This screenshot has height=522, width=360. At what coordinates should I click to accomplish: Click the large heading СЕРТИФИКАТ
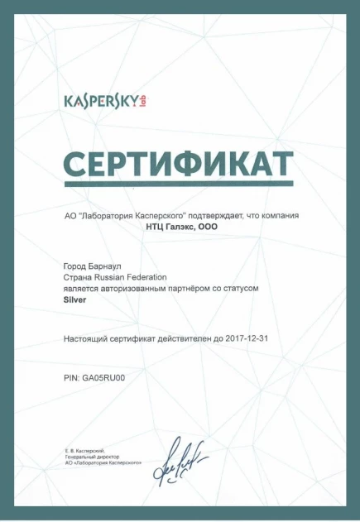179,162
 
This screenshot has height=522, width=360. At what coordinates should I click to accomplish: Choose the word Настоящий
86,339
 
